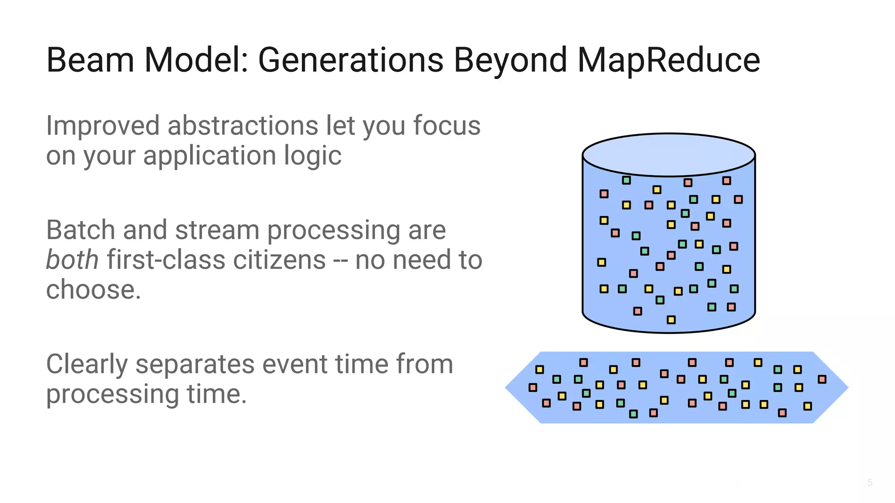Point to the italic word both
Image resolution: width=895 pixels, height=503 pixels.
72,260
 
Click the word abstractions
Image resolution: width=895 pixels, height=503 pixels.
243,126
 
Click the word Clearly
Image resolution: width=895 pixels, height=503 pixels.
86,364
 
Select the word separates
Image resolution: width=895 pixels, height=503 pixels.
195,364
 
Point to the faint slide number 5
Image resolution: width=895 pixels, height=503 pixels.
870,482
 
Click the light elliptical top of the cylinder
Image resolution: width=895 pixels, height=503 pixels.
669,155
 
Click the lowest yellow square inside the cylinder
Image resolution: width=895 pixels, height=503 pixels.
671,320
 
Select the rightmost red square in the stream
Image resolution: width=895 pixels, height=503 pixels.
822,379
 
